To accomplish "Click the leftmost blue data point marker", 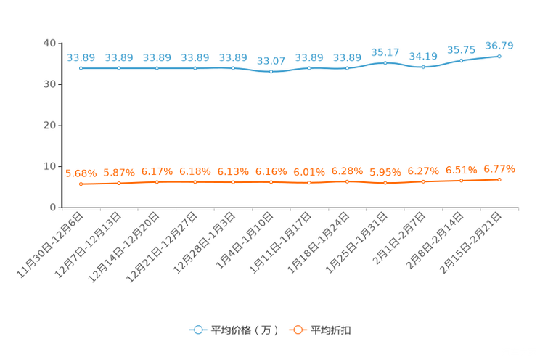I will (81, 68).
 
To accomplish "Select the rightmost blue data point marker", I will (499, 55).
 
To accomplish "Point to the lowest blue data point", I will (271, 72).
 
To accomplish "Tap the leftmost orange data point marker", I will (81, 184).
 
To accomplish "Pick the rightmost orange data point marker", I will (499, 179).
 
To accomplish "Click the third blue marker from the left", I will (157, 68).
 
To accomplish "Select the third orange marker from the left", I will (157, 182).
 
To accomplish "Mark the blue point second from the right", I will (462, 60).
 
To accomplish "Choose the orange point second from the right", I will (462, 181).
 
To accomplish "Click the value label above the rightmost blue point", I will (499, 46).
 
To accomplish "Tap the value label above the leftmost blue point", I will (81, 57).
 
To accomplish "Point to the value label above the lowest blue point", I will (271, 61).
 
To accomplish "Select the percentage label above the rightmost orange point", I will (499, 168).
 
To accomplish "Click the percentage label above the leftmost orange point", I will (81, 173).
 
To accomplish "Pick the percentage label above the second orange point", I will (119, 172).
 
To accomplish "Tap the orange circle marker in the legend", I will (298, 330).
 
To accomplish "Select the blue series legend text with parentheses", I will (245, 330).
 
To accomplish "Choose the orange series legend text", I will (332, 330).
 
